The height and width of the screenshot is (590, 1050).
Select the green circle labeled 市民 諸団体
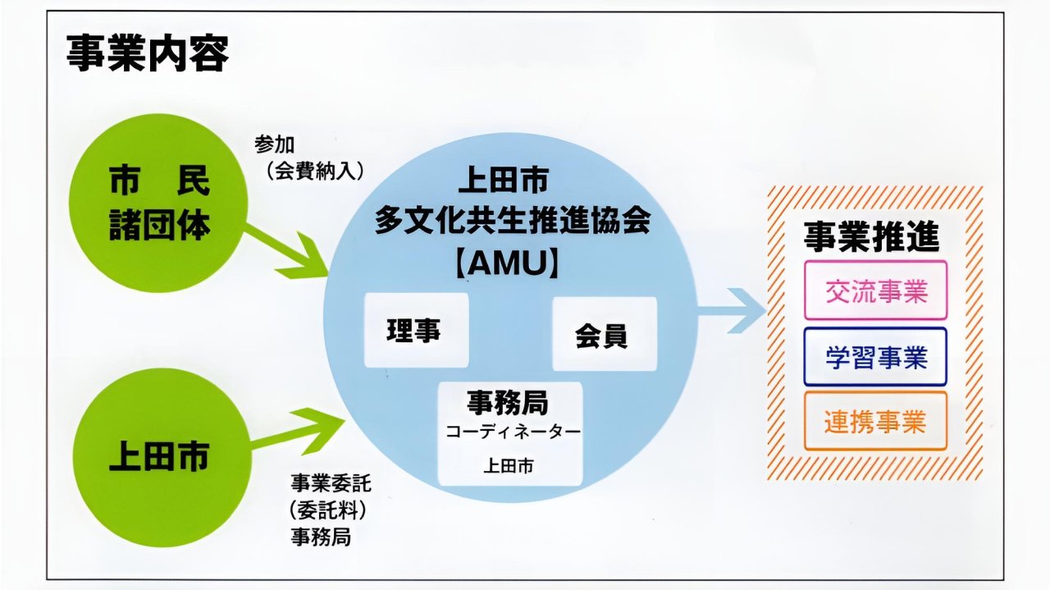coord(159,204)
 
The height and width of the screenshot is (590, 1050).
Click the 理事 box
coord(415,330)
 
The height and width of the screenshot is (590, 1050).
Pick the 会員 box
coord(604,335)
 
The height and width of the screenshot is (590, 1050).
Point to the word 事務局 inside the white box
coord(509,403)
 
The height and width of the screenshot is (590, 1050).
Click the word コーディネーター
coord(513,432)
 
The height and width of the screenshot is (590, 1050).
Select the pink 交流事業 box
coord(875,290)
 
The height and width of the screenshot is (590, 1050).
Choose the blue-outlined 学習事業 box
coord(875,357)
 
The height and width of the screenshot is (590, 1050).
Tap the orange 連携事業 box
coord(875,421)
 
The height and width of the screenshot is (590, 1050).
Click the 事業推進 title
coord(872,237)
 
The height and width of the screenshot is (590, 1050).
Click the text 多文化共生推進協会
coord(512,221)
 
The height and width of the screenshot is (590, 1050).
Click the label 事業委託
coord(326,481)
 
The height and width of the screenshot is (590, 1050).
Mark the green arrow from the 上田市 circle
coord(304,428)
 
